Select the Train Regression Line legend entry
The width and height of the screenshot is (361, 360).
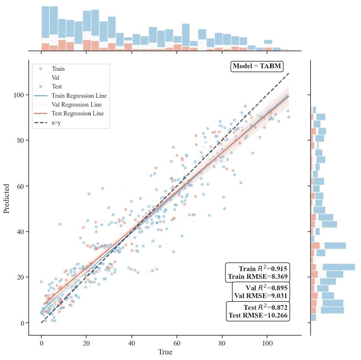[79, 96]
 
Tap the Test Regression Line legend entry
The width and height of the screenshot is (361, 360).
[78, 113]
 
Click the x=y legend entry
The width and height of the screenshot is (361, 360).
[56, 122]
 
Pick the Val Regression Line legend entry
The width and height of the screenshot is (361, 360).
[77, 104]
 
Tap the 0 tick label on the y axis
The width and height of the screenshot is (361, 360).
[22, 323]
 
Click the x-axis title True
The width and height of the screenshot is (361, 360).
[165, 352]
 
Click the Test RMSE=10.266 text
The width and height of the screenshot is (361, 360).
[258, 315]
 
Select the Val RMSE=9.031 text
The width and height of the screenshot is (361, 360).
[261, 296]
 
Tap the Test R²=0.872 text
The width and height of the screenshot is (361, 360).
[265, 307]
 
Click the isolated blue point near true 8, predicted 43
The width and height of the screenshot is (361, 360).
[59, 224]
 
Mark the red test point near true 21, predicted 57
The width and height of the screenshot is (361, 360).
[89, 194]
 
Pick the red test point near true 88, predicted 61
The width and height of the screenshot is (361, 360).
[241, 183]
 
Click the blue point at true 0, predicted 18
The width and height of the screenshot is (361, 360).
[41, 282]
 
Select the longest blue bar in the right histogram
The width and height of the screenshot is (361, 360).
[339, 267]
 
